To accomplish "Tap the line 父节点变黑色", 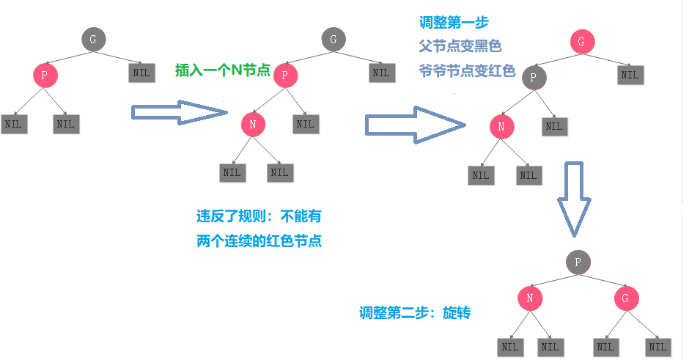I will [x=460, y=46].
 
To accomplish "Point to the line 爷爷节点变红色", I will [x=466, y=71].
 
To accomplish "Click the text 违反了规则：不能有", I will [x=259, y=217].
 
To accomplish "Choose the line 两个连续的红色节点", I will [x=259, y=241].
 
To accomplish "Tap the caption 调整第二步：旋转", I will [x=414, y=313].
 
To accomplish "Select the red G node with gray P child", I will [x=581, y=42].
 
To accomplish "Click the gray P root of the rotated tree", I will [x=578, y=262].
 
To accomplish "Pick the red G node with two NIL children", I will [x=625, y=298].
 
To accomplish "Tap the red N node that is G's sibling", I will [x=529, y=298].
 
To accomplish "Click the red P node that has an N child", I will [x=285, y=75].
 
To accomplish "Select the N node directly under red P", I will [x=252, y=125].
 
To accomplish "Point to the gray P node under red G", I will [x=534, y=77].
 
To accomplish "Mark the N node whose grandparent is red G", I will [x=501, y=127].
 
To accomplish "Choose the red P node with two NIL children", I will [x=44, y=75].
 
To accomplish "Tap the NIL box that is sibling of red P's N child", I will [x=305, y=124].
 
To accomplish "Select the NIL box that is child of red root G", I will [x=630, y=74].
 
